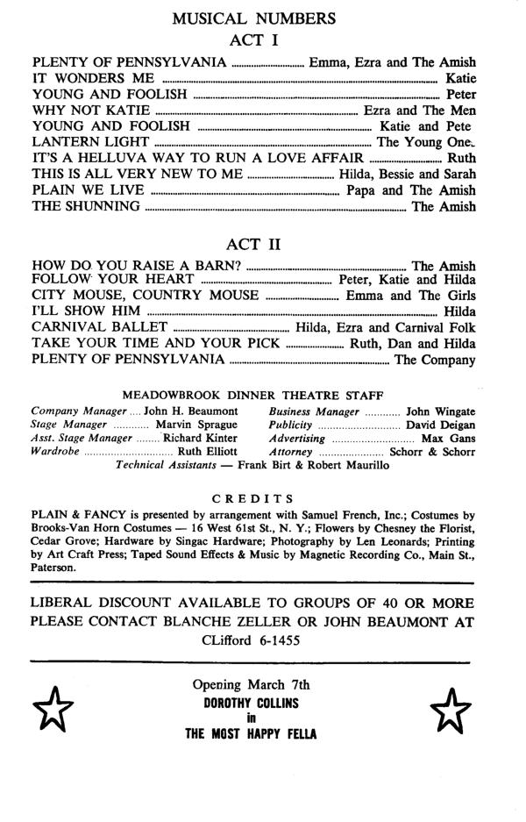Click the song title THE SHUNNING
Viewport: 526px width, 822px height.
point(86,207)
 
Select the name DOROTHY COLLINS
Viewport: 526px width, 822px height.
point(252,704)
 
